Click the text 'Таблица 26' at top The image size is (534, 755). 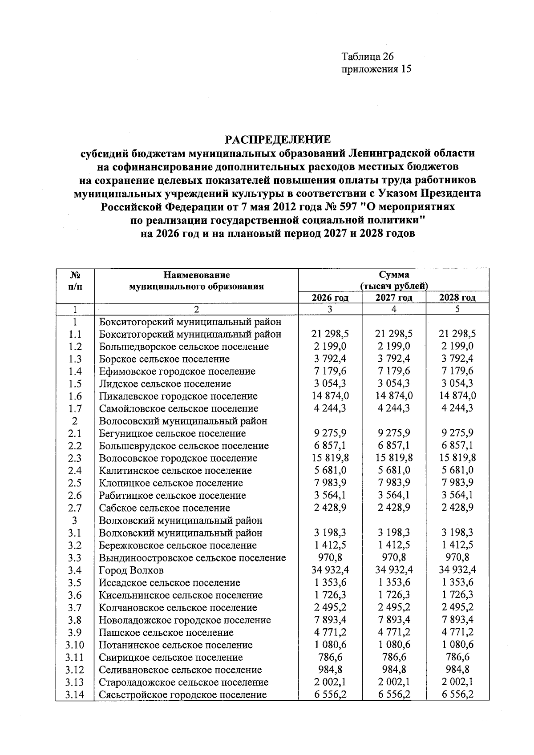pyautogui.click(x=368, y=57)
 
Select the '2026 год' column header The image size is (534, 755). pyautogui.click(x=330, y=298)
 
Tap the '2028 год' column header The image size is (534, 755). pyautogui.click(x=457, y=298)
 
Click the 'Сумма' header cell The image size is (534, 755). pyautogui.click(x=394, y=275)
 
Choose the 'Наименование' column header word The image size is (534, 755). pyautogui.click(x=196, y=275)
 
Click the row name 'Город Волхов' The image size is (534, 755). pyautogui.click(x=131, y=570)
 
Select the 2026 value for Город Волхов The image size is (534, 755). pyautogui.click(x=330, y=570)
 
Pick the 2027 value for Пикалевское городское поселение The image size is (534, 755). pyautogui.click(x=394, y=396)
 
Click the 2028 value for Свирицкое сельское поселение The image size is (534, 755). pyautogui.click(x=457, y=657)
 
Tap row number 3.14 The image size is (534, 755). pyautogui.click(x=74, y=694)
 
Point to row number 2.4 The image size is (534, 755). pyautogui.click(x=74, y=471)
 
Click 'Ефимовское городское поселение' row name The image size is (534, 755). pyautogui.click(x=177, y=371)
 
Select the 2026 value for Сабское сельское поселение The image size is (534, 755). pyautogui.click(x=330, y=508)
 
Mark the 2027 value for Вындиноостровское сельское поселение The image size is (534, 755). pyautogui.click(x=394, y=557)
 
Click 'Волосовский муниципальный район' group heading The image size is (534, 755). pyautogui.click(x=183, y=421)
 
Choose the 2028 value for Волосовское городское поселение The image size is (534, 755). pyautogui.click(x=457, y=458)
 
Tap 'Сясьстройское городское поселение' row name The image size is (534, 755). pyautogui.click(x=183, y=694)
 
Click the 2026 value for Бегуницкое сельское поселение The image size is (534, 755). pyautogui.click(x=330, y=433)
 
